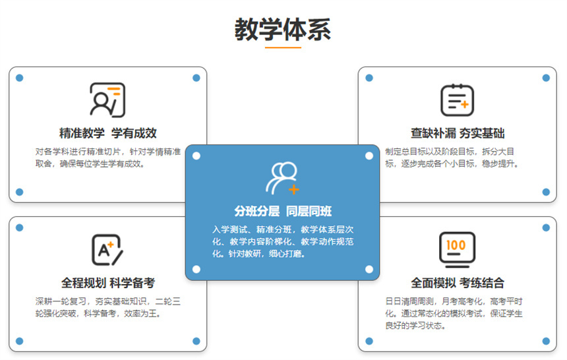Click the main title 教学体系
pyautogui.click(x=283, y=30)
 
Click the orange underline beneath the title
pyautogui.click(x=283, y=47)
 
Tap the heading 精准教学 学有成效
pyautogui.click(x=107, y=133)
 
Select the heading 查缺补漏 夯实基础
pyautogui.click(x=458, y=133)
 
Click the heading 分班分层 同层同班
pyautogui.click(x=283, y=211)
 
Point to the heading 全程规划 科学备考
pyautogui.click(x=107, y=283)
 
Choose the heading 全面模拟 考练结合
pyautogui.click(x=458, y=283)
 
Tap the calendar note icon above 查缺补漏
pyautogui.click(x=457, y=100)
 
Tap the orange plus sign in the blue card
pyautogui.click(x=293, y=189)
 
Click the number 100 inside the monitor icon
pyautogui.click(x=456, y=245)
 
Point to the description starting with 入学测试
pyautogui.click(x=283, y=241)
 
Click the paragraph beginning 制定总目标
pyautogui.click(x=452, y=158)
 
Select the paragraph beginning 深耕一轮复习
pyautogui.click(x=107, y=307)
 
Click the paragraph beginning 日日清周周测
pyautogui.click(x=454, y=313)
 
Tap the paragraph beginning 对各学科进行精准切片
pyautogui.click(x=107, y=158)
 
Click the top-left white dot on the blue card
pyautogui.click(x=196, y=156)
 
